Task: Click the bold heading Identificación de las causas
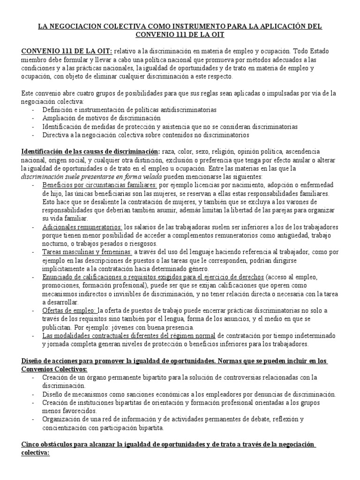coord(90,152)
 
